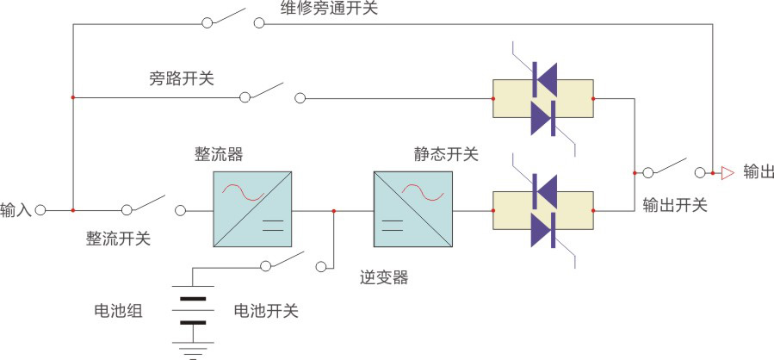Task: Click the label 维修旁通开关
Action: tap(329, 9)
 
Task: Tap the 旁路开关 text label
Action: tap(182, 79)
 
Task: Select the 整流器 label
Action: tap(219, 154)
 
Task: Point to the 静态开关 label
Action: tap(446, 154)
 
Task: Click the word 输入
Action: tap(15, 209)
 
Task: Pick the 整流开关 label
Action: tap(118, 239)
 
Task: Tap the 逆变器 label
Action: tap(383, 277)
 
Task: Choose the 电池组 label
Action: tap(118, 311)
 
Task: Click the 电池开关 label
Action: tap(266, 311)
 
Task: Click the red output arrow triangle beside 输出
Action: tap(727, 173)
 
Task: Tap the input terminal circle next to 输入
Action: tap(40, 209)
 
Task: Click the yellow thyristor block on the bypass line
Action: tap(542, 98)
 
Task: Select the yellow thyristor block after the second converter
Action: tap(542, 210)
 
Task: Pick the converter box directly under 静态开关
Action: tap(412, 209)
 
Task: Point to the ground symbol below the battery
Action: tap(193, 351)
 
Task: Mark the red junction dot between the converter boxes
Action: tap(334, 209)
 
